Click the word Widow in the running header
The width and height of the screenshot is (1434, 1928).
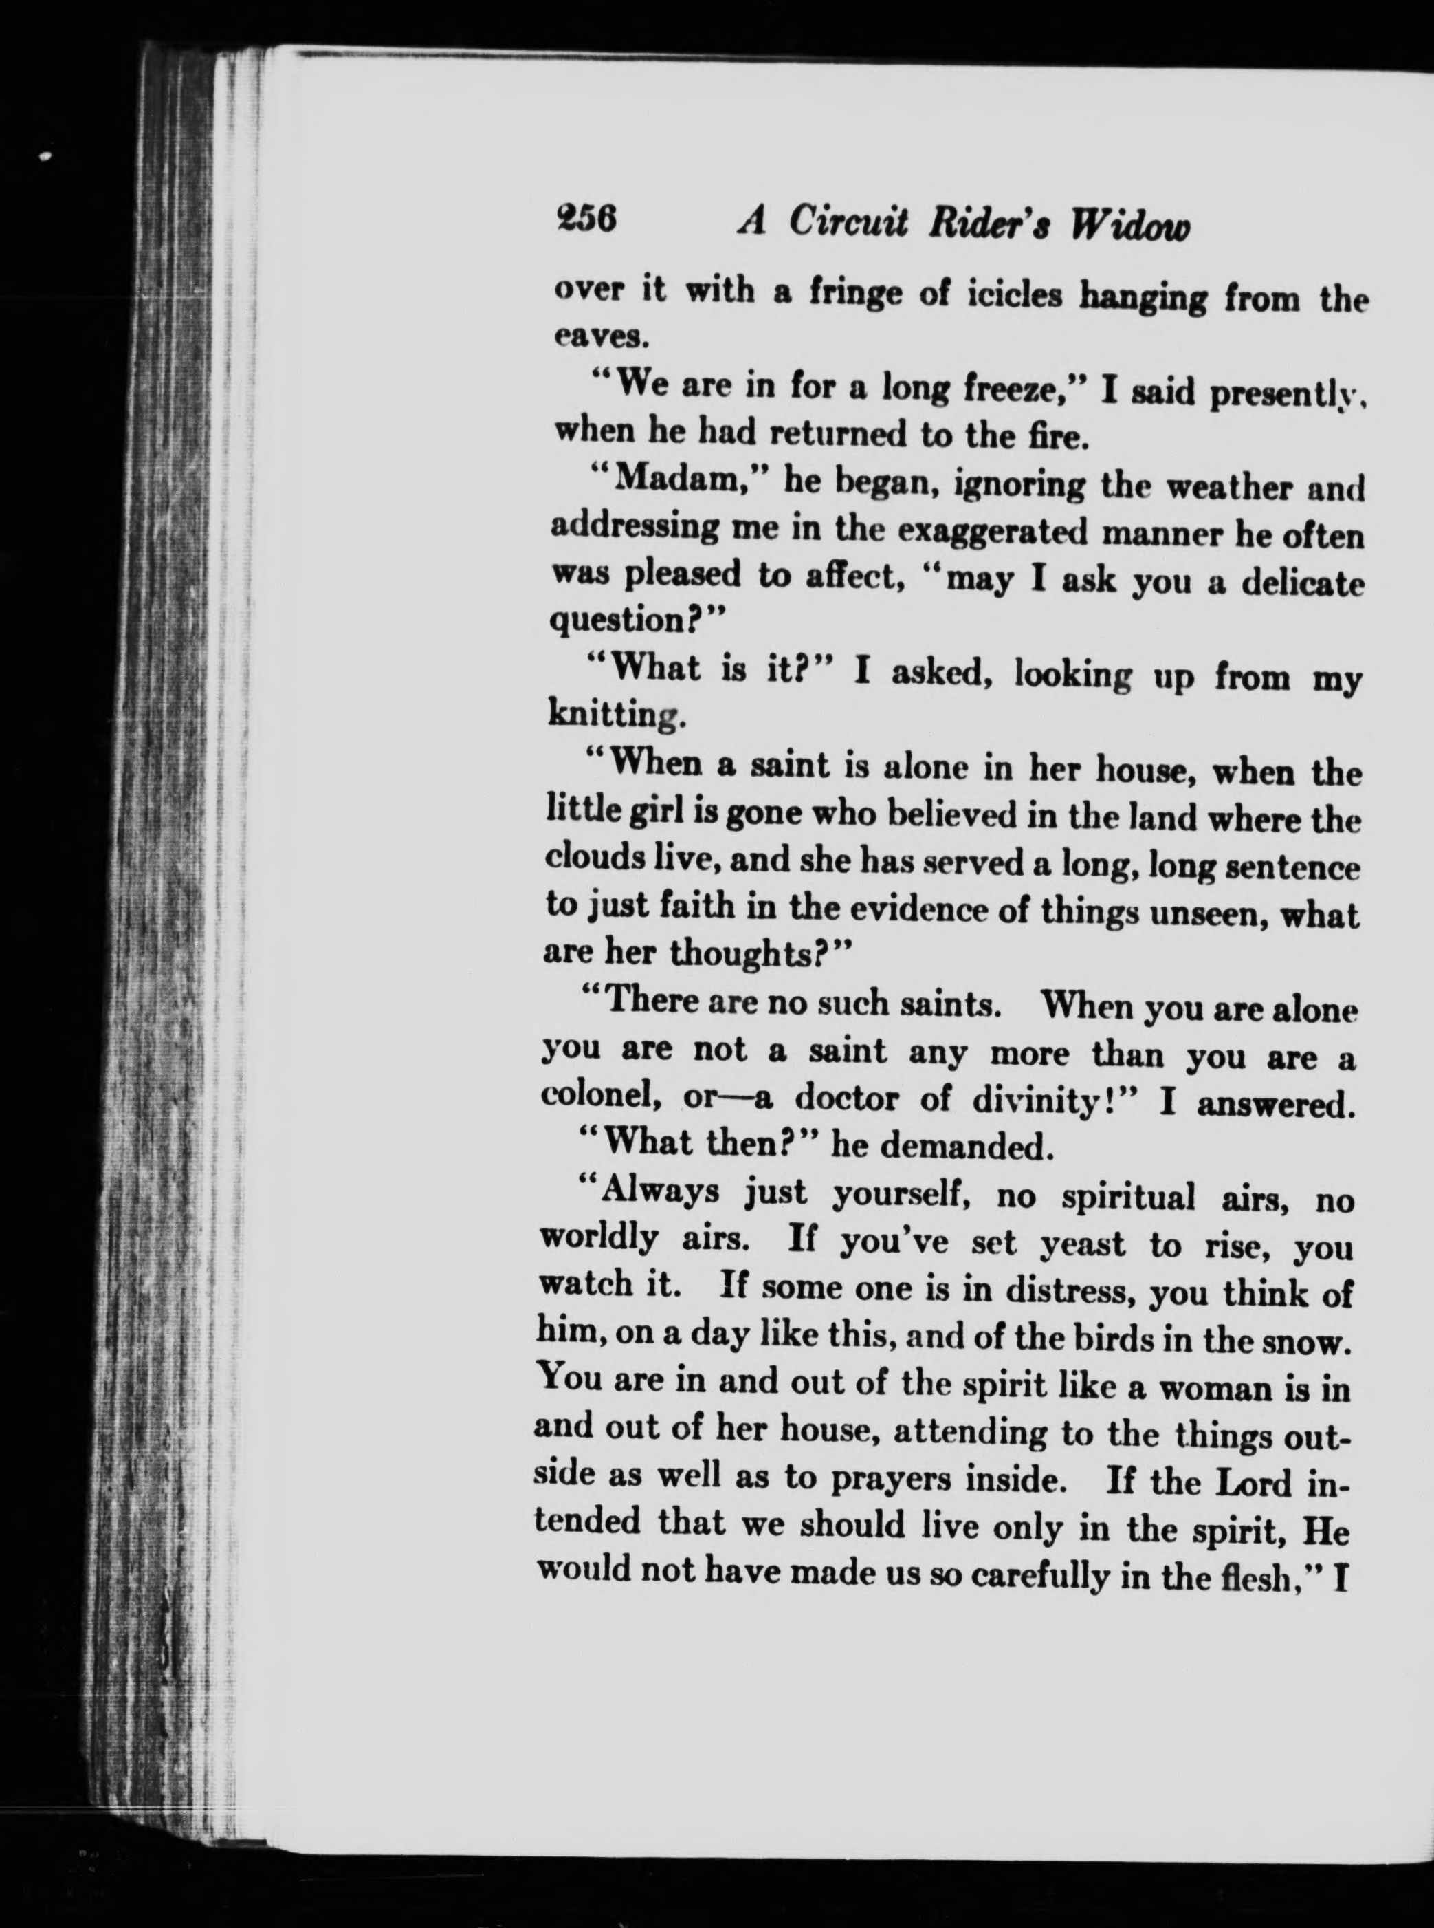(1129, 227)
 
